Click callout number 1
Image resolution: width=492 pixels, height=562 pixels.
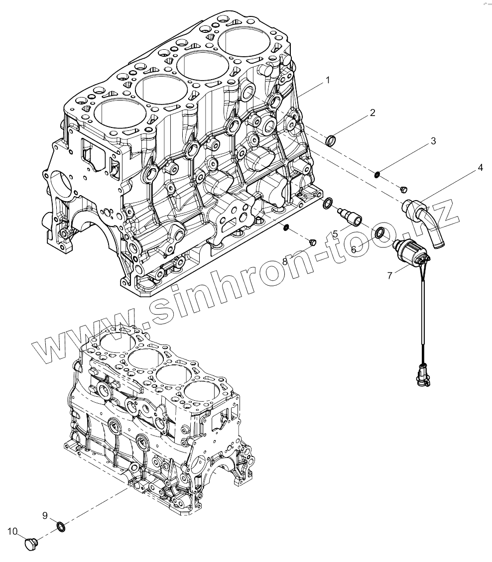327,80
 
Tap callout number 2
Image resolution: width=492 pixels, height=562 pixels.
372,112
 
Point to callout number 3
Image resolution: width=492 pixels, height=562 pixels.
433,141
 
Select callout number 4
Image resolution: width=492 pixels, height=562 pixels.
480,168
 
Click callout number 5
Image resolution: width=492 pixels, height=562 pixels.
335,233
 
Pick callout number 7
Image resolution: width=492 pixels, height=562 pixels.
390,275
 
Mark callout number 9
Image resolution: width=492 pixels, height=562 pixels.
44,514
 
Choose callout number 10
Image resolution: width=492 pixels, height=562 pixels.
12,531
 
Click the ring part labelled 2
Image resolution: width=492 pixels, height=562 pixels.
331,141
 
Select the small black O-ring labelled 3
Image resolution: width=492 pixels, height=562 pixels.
378,174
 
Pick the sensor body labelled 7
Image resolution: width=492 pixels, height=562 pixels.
408,249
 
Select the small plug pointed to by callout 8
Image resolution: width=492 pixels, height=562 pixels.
312,242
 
